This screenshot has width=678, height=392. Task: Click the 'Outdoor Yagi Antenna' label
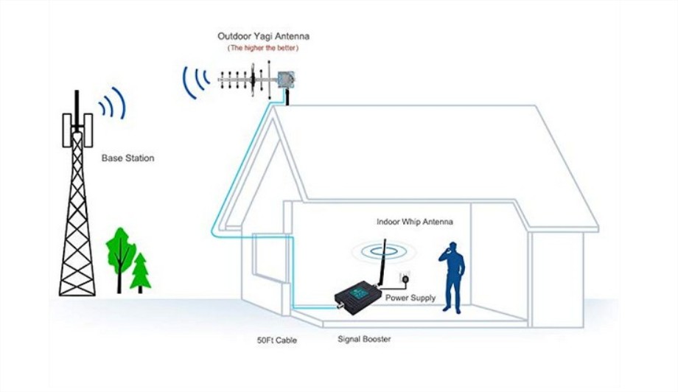(x=263, y=36)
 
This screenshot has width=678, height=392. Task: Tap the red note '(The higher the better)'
(x=263, y=48)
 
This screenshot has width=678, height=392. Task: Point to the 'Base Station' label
(x=128, y=158)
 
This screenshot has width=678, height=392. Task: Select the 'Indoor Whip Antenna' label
(x=415, y=222)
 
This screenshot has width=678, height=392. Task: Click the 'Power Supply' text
(x=410, y=298)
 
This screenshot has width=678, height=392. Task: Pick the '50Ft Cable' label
(x=277, y=340)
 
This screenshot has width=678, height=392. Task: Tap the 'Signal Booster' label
(x=364, y=339)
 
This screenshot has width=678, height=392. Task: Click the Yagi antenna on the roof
(x=255, y=80)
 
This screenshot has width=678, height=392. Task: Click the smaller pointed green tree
(x=140, y=273)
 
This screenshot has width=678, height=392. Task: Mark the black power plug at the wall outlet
(x=405, y=280)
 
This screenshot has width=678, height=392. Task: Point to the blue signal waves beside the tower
(x=113, y=104)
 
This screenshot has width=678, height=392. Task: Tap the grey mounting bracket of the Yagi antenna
(x=285, y=80)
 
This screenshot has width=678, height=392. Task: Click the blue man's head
(x=452, y=247)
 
